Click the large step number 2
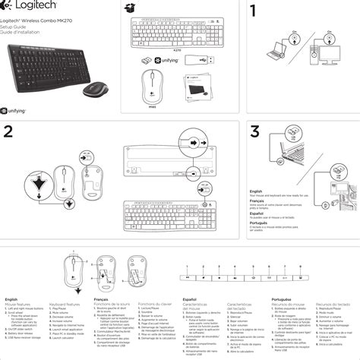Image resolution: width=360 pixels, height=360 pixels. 9,131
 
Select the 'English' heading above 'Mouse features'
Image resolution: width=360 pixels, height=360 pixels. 11,299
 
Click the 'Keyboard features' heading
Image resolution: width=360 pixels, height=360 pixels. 64,304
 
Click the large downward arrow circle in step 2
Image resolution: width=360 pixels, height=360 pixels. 36,182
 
